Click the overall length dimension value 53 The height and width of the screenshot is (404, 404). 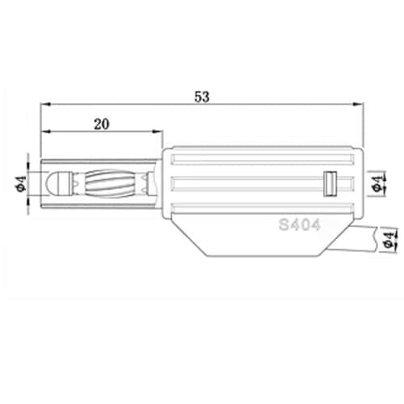pyautogui.click(x=202, y=97)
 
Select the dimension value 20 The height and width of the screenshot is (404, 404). pyautogui.click(x=102, y=124)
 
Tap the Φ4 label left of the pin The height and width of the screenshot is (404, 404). pyautogui.click(x=22, y=183)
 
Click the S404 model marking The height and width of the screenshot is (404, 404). pyautogui.click(x=300, y=225)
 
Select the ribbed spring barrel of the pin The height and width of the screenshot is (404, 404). pyautogui.click(x=110, y=183)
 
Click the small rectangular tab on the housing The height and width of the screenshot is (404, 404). pyautogui.click(x=330, y=183)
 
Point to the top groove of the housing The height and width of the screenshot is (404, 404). pyautogui.click(x=263, y=159)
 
